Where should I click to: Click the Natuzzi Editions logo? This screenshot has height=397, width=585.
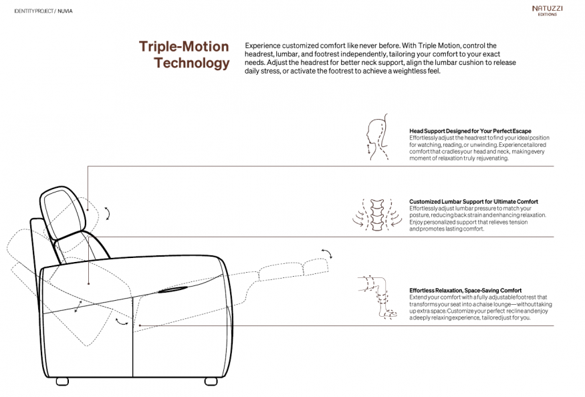coord(548,11)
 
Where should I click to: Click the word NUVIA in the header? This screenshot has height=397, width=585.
coord(66,11)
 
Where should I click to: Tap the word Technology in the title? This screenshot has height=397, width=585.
coord(191,63)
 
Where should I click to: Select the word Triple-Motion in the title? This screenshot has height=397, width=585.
coord(184,47)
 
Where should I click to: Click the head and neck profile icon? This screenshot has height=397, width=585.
coord(377,137)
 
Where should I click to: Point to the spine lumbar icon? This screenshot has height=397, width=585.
coord(377,215)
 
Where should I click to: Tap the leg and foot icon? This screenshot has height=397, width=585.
coord(378,297)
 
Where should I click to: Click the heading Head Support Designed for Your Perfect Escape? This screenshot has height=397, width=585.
coord(470,131)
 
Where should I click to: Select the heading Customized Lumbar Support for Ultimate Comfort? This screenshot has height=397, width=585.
coord(473,201)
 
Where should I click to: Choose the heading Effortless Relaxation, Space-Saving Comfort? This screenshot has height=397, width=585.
coord(465,290)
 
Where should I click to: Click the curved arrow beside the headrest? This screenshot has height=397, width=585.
coord(108,213)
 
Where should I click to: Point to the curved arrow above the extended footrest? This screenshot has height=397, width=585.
coord(327,253)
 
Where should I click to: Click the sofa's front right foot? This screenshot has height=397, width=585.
coord(211,382)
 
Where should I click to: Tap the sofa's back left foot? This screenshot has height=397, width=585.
coord(62,382)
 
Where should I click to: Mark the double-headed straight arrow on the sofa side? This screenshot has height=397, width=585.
coord(78,306)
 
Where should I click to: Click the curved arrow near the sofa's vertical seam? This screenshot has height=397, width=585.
coord(122,321)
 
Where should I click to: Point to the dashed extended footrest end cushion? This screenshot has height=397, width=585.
coord(316,267)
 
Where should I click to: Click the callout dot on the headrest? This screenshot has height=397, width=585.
coord(88,210)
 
